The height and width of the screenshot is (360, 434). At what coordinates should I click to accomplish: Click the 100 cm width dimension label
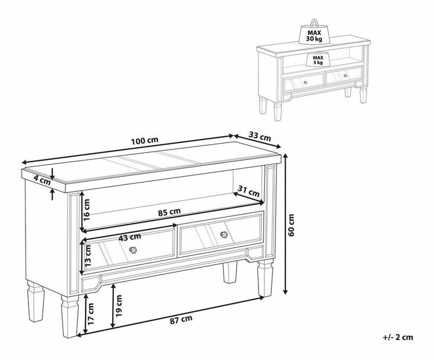pos(145,141)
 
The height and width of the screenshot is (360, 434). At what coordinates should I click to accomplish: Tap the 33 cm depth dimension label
pos(260,136)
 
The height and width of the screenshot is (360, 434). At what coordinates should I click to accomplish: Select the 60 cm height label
pos(291,225)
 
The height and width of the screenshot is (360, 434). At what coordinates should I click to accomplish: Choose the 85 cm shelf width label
pos(169,212)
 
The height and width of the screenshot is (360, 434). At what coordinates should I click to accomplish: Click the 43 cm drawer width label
pos(130,237)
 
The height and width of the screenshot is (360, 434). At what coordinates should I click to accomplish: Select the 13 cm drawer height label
pos(88,256)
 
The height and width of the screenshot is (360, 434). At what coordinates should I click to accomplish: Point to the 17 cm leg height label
pos(91,314)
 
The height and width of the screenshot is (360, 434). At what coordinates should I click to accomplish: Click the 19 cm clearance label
pos(119,306)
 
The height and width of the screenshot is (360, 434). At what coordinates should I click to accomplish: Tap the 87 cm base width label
pos(181,319)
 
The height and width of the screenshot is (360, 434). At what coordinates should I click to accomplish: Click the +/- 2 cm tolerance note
pos(398,337)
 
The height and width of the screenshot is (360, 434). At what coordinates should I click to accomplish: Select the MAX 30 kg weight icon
pos(314,33)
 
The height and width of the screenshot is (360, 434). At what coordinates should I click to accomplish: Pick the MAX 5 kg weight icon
pos(318,59)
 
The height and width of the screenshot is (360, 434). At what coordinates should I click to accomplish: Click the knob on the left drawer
pos(133,250)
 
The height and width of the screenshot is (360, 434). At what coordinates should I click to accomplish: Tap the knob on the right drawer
pos(224,234)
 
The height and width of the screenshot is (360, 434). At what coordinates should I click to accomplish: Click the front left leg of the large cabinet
pos(70,316)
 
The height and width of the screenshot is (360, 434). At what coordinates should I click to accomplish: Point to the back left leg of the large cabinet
pos(35,301)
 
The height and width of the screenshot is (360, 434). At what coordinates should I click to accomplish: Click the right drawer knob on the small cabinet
pos(345,76)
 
